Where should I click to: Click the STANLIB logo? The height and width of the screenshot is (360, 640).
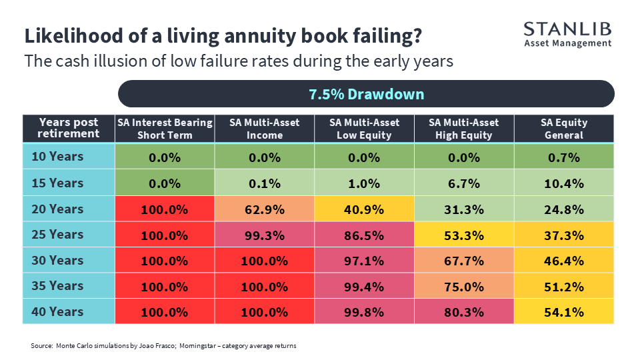[568, 35]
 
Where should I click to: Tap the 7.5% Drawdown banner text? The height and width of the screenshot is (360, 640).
[366, 94]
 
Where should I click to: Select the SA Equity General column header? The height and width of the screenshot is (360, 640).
[564, 129]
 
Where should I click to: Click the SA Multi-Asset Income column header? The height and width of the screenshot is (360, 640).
[265, 129]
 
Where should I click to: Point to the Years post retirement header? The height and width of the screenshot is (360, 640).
[69, 128]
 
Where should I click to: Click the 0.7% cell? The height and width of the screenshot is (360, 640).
[564, 157]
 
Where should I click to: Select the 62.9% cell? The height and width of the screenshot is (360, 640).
[265, 209]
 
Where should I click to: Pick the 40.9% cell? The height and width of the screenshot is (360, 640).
[364, 209]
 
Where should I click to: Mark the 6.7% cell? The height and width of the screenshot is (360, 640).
[464, 183]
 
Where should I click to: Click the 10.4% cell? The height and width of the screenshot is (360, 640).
[564, 183]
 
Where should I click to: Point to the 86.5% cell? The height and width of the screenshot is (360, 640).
[364, 235]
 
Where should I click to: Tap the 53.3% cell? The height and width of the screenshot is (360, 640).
[464, 235]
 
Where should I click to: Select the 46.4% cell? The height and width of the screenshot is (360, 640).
[564, 261]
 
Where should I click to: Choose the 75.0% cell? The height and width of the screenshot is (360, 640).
[464, 287]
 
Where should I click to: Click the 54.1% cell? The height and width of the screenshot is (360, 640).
[564, 312]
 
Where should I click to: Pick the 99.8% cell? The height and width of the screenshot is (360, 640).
[364, 312]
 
